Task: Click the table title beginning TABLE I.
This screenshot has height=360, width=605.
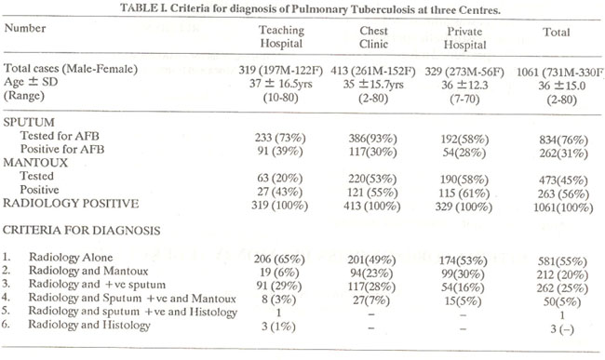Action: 310,8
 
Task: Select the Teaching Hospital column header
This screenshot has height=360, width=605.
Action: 281,36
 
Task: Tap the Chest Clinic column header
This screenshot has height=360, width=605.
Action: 373,37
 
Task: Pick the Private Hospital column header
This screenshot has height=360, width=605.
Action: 464,38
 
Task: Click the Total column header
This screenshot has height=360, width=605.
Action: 557,32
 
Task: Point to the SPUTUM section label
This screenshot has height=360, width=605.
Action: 29,122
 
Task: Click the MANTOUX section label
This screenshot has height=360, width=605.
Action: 35,162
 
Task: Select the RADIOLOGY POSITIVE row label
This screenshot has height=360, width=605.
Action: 71,203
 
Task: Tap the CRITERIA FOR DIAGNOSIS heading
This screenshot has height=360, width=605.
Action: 81,230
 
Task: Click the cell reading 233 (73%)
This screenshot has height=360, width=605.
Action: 280,138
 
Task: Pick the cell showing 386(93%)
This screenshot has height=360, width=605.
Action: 372,139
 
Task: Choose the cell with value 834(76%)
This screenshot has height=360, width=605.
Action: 564,140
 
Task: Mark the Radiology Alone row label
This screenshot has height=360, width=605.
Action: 71,257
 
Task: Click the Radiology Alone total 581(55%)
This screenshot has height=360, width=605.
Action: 562,261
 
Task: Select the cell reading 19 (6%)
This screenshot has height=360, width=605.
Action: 279,273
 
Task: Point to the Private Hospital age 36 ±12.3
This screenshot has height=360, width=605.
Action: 464,85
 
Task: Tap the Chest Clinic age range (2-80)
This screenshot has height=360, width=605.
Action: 373,99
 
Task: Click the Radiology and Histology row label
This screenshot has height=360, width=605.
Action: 89,325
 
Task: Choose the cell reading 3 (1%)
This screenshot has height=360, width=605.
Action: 278,327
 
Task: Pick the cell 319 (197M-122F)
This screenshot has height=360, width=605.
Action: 280,71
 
